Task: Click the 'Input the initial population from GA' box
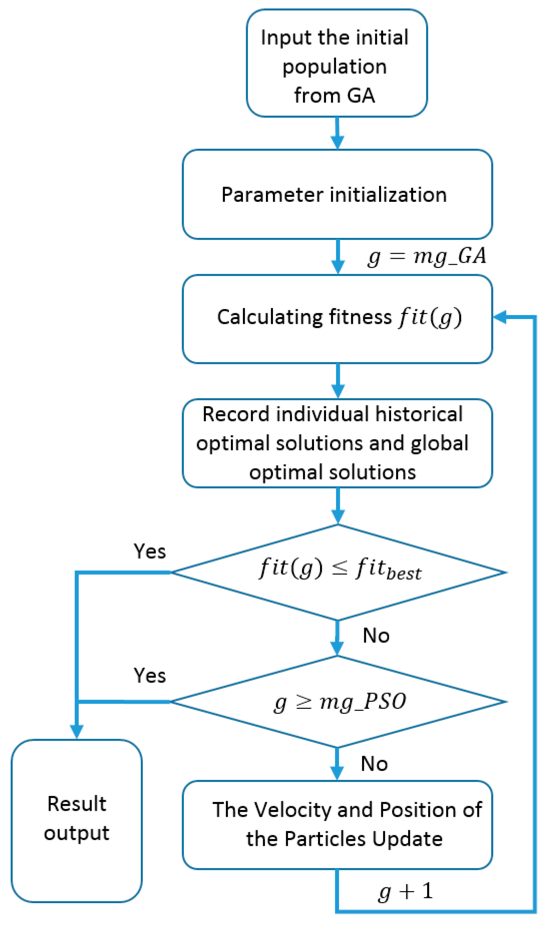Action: tap(337, 63)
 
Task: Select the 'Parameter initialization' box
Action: tap(337, 194)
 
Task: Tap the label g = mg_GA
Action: tap(427, 257)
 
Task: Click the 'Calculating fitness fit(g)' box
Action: tap(337, 319)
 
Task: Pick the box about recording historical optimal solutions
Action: tap(337, 443)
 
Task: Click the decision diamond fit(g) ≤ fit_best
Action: tap(338, 572)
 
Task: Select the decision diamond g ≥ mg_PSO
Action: tap(338, 701)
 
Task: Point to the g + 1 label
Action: tap(406, 891)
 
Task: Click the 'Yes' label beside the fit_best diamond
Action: tap(150, 551)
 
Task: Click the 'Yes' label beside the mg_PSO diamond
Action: tap(150, 676)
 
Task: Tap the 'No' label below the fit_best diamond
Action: tap(376, 635)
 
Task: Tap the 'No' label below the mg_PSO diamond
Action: tap(374, 763)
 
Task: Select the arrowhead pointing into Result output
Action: tap(77, 731)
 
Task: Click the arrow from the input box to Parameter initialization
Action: tap(337, 133)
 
